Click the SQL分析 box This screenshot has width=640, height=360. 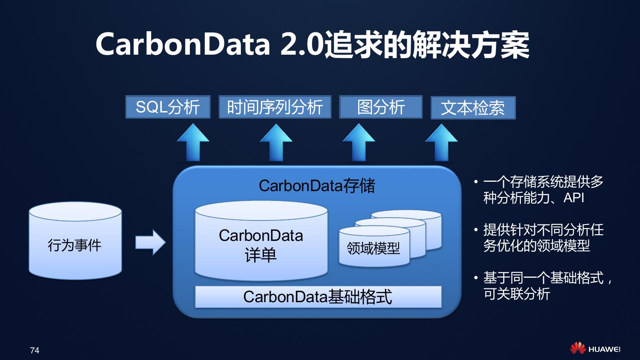[168, 107]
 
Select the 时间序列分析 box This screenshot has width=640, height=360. [275, 107]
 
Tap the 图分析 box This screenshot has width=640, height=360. [380, 107]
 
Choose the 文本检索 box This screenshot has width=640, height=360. [473, 108]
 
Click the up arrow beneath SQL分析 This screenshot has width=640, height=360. [193, 143]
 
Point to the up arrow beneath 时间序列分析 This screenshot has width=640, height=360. [276, 143]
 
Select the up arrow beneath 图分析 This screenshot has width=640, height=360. [359, 143]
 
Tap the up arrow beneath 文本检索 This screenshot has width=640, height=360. [441, 143]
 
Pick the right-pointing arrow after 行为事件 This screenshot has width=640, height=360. [150, 243]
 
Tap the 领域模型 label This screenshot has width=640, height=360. [373, 248]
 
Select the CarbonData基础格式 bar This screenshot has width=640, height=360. [318, 297]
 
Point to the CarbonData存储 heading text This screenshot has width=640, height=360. [317, 185]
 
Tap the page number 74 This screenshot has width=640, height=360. [35, 350]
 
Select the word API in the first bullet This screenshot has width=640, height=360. [573, 197]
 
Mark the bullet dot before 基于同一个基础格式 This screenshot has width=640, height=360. [476, 278]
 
